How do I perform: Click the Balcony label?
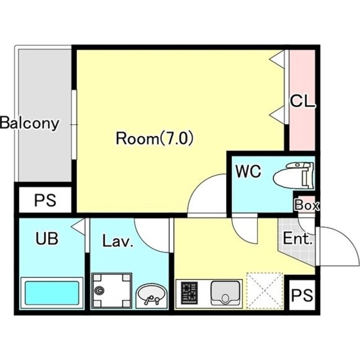pos(29,123)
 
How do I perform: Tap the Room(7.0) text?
pos(155,138)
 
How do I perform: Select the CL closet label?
pos(303,101)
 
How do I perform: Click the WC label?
pos(249,171)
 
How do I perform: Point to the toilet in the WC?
pos(293,175)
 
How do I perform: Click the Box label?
pos(307,205)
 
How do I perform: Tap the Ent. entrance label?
pos(298,238)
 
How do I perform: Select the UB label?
pos(47,238)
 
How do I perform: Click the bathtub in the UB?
pos(52,293)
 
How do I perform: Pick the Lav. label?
pos(118,241)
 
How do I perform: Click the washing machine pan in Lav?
pos(112,291)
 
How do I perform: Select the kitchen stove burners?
pos(190,292)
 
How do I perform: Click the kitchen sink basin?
pos(225,293)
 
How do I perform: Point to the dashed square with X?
pos(264,291)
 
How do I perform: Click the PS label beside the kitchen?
pos(302,295)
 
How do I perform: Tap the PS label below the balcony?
pos(45,200)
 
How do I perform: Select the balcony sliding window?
pos(74,124)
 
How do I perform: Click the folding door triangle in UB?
pos(78,227)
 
